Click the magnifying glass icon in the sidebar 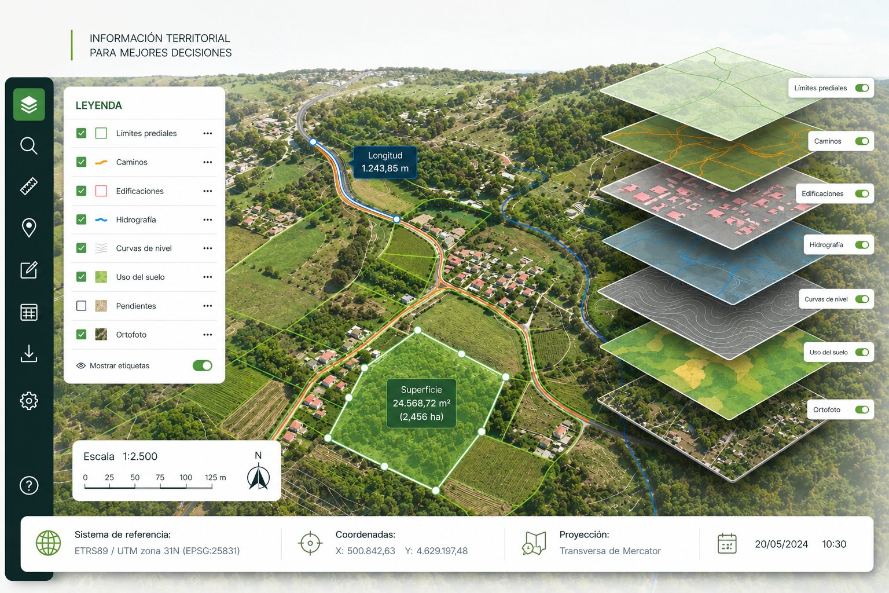[28, 146]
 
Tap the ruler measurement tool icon [29, 186]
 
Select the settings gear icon [29, 401]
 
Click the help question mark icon [29, 485]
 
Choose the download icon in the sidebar [29, 353]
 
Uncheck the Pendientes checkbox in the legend [82, 306]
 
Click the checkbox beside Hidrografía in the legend [82, 219]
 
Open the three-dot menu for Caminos [208, 162]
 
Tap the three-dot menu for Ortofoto [208, 335]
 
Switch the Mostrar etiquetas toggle [203, 365]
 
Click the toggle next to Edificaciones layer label [862, 193]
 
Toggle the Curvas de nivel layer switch [862, 299]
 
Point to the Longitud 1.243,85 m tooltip [384, 162]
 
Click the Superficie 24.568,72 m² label [421, 403]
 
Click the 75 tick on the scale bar [160, 477]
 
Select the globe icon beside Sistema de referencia [49, 543]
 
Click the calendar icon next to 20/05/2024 [727, 543]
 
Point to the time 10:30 [834, 544]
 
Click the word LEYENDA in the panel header [99, 105]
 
